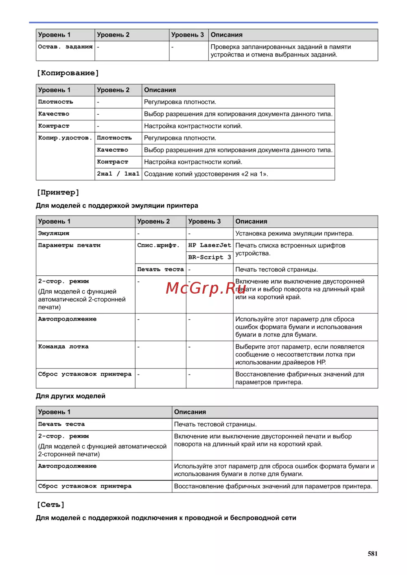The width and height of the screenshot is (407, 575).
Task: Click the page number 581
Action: [372, 553]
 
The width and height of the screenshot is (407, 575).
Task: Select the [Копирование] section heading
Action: [68, 73]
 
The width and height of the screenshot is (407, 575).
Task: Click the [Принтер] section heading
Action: [58, 192]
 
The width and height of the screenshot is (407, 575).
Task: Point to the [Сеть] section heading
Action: [51, 505]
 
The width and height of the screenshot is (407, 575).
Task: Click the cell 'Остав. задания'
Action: [65, 47]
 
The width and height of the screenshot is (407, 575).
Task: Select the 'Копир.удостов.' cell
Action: [65, 138]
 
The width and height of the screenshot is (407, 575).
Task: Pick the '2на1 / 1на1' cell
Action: [118, 174]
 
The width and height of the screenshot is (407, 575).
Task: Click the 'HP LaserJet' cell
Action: [209, 245]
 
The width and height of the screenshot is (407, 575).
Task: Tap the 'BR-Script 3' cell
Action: [209, 257]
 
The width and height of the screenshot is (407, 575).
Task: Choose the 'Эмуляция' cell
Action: [54, 233]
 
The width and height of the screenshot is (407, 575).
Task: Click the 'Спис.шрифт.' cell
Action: [158, 245]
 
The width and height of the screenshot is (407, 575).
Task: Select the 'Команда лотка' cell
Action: [63, 347]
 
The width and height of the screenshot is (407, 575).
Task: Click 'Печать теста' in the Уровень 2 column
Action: [160, 269]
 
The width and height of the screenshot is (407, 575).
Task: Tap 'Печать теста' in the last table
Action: [61, 424]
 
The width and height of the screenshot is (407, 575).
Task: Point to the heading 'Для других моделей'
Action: [70, 396]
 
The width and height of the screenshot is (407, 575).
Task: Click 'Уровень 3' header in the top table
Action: [187, 35]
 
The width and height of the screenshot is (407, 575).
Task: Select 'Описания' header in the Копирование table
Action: [160, 90]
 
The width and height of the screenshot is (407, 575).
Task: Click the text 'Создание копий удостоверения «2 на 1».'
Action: [206, 174]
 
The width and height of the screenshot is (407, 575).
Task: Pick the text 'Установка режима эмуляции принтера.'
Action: [294, 233]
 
